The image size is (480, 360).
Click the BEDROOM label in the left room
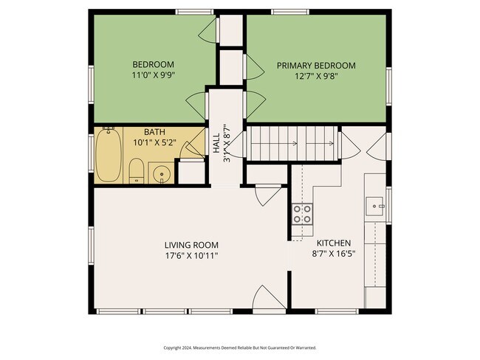coord(152,63)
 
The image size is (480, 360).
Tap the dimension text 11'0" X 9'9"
coord(152,75)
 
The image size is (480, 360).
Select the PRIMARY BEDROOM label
coord(316,66)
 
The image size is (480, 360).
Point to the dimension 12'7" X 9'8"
coord(316,77)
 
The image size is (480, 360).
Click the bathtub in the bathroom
coord(109,156)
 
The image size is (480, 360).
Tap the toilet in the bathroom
coord(137,171)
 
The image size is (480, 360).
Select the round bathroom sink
coord(161,175)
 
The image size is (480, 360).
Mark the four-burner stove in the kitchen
coord(302,214)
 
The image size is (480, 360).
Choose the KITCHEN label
coord(334,243)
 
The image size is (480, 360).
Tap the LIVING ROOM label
coord(191,245)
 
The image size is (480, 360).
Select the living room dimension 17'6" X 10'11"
coord(191,255)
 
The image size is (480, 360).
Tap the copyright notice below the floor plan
coord(240,347)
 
